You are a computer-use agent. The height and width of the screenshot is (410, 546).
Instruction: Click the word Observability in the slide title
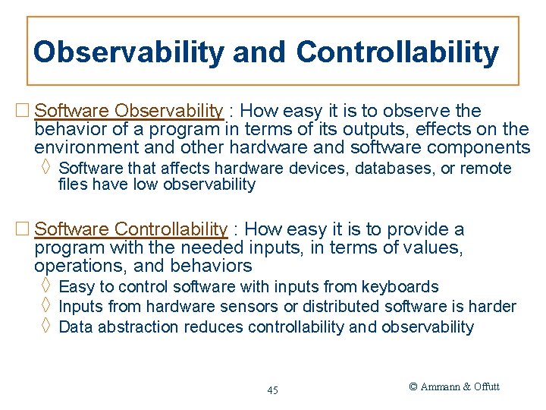coord(128,52)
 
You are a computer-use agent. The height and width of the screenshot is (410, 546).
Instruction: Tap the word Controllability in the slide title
coord(397,52)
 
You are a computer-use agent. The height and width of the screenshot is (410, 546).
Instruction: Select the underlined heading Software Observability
coord(129,111)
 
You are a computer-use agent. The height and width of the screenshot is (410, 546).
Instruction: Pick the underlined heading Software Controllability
coord(131,229)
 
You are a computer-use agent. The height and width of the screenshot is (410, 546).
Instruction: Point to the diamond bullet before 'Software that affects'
coord(45,168)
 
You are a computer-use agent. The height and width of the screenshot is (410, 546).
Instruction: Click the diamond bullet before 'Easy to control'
coord(45,286)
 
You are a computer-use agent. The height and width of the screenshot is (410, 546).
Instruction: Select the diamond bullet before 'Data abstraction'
coord(45,327)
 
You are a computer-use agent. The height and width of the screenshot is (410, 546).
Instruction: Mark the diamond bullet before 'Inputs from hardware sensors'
coord(45,307)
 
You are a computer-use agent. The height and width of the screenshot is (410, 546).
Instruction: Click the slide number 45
coord(272,390)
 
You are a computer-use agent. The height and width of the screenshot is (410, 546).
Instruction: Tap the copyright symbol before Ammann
coord(413,386)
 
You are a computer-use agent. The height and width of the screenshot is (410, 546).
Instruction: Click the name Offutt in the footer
coord(486,386)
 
